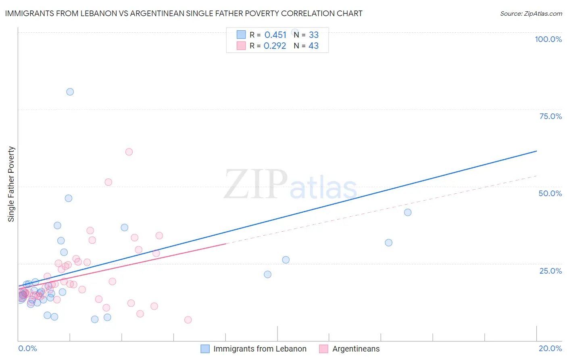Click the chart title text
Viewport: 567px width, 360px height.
(x=183, y=13)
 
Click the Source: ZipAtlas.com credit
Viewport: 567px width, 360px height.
(x=531, y=13)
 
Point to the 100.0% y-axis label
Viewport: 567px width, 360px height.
(x=548, y=39)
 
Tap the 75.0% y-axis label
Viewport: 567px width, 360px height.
(x=550, y=116)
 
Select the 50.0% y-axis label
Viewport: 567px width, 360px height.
(x=550, y=193)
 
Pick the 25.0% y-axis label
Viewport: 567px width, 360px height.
(x=550, y=271)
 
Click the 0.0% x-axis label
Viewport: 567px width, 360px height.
(x=27, y=348)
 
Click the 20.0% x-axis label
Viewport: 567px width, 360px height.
(x=550, y=348)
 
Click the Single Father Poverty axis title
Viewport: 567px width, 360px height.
(x=11, y=184)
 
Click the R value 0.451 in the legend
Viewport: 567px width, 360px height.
(x=275, y=35)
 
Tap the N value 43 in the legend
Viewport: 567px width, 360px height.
(x=313, y=46)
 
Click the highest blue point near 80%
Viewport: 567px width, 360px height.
(x=70, y=92)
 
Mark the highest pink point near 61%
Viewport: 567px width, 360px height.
(x=129, y=152)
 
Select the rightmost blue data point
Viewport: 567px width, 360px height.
(x=408, y=212)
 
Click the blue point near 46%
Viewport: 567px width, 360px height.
(x=69, y=198)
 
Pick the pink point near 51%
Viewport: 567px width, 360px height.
(x=108, y=182)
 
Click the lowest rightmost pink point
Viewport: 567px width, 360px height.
(x=188, y=320)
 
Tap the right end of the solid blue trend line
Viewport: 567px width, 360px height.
(x=536, y=151)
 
